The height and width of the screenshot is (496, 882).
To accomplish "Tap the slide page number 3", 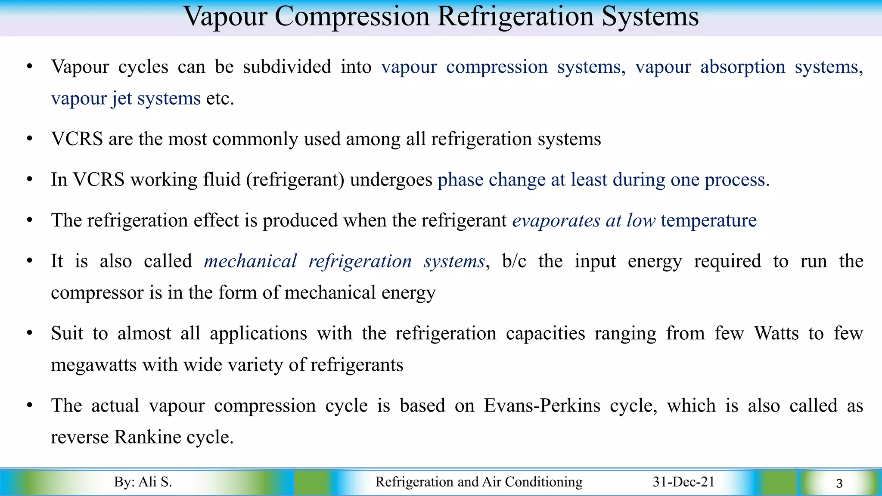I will coord(839,484).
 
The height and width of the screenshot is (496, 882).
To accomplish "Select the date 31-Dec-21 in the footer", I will coord(683,482).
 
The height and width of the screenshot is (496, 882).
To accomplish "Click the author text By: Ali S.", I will coord(143,482).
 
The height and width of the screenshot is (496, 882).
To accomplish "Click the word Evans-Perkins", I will coord(542,406).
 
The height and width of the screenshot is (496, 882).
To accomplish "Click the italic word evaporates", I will coord(556,220).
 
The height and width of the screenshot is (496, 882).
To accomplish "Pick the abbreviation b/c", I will coord(514,261).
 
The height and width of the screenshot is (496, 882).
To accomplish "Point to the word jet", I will coord(121,99).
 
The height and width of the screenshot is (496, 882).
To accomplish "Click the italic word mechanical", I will coord(250,261).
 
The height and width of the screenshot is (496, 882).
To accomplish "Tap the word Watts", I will coord(776,333).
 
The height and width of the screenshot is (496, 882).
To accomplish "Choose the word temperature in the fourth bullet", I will coord(708,220).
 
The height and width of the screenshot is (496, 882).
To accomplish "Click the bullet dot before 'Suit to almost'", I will coord(29,333).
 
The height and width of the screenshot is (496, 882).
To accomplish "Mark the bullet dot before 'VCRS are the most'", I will coord(29,139).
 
